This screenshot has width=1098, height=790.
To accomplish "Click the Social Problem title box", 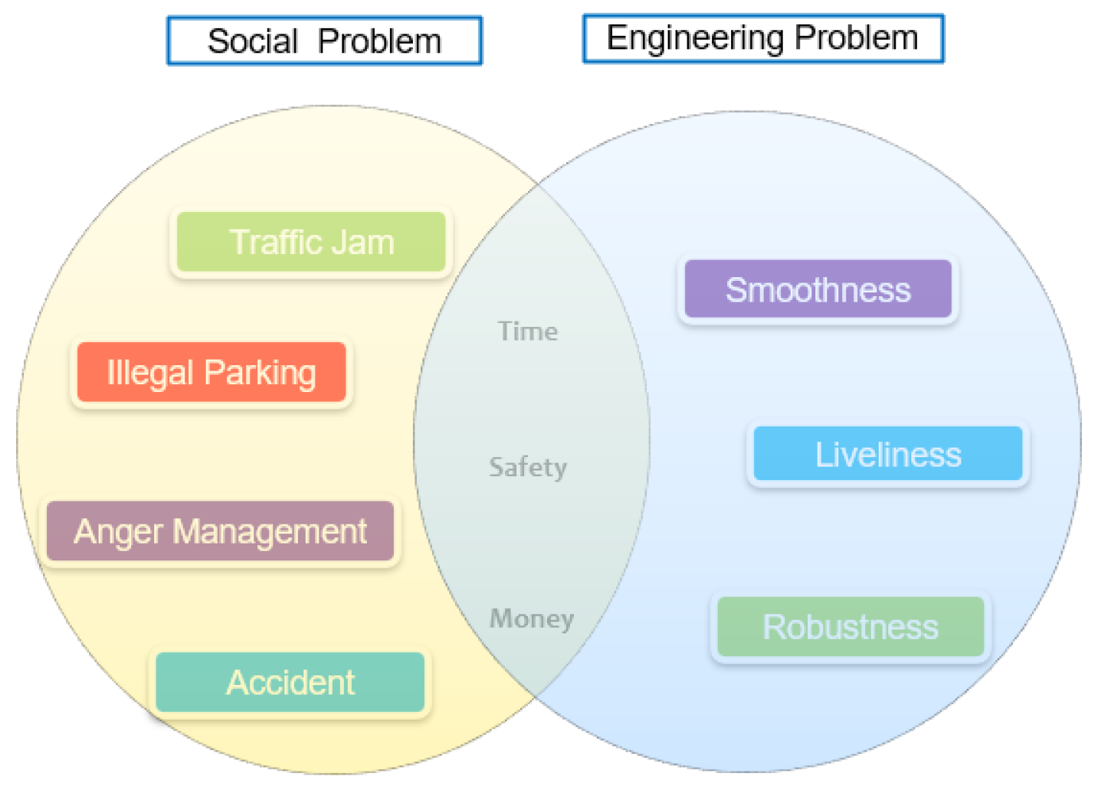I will (x=324, y=41).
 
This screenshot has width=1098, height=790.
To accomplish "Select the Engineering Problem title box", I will (x=762, y=38).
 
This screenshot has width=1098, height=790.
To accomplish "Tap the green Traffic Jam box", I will (x=311, y=242).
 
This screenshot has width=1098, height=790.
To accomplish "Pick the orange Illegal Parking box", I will (x=211, y=373).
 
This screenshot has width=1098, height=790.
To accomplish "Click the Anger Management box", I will (x=220, y=531).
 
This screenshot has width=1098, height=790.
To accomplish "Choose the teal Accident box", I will (x=290, y=682).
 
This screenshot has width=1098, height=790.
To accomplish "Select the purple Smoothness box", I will (x=818, y=289).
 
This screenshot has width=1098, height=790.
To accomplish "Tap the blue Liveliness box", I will (x=887, y=454).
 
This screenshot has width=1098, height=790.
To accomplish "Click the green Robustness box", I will (x=850, y=627).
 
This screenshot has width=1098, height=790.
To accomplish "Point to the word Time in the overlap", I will (x=528, y=331).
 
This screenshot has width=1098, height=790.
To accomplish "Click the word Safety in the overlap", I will (x=528, y=467).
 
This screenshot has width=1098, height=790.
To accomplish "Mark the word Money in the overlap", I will (x=532, y=619).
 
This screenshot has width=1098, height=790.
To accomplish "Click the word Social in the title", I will (x=253, y=41).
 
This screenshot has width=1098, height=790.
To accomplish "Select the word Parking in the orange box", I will (x=260, y=374).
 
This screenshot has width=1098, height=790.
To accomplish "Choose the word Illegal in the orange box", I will (x=149, y=374).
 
